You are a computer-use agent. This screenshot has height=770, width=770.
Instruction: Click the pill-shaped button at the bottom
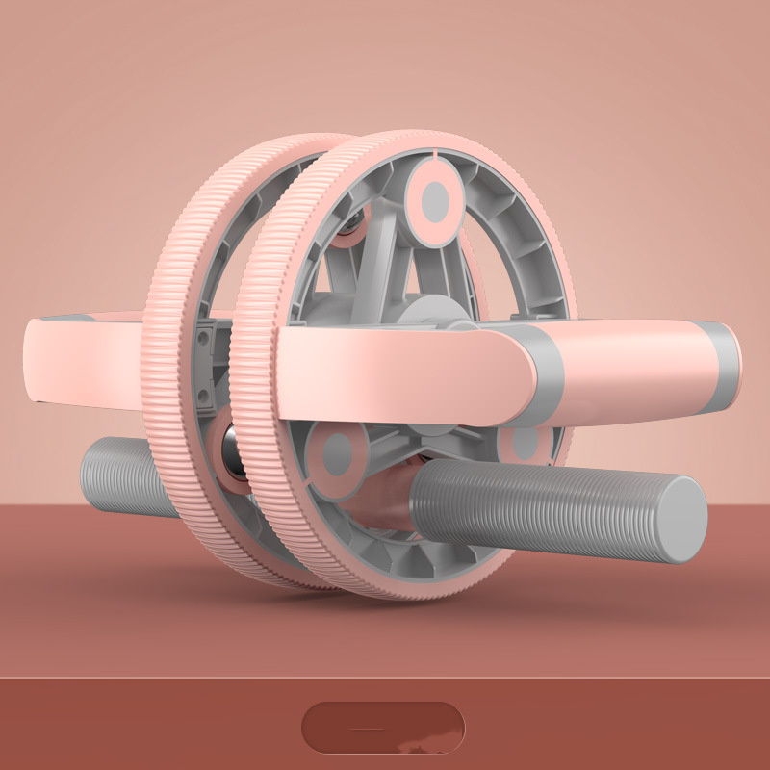pos(383,728)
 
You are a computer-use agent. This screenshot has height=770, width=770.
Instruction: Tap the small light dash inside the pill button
pos(367,729)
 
